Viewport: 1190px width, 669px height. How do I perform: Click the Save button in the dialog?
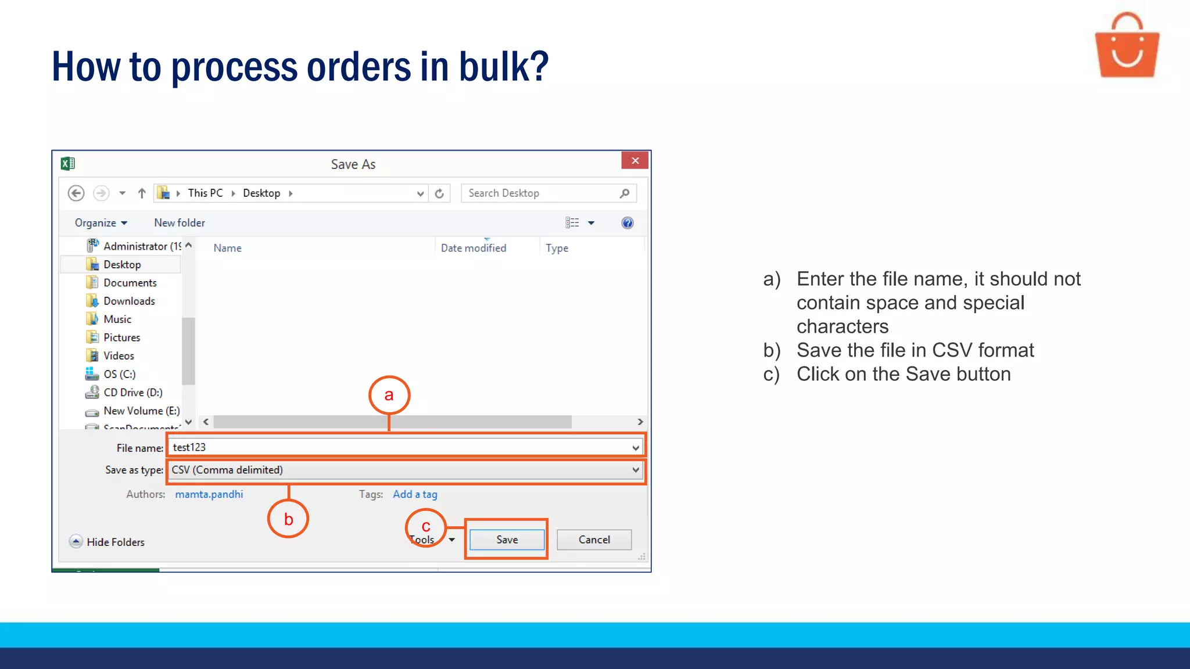(507, 539)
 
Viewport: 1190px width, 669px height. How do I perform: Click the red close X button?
(635, 161)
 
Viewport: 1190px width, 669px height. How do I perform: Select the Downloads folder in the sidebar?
(129, 301)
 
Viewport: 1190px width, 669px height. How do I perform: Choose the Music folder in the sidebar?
(117, 319)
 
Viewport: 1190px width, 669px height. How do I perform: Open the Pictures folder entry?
(121, 337)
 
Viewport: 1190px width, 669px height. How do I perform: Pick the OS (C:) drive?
(119, 374)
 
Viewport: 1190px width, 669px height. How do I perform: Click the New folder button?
(180, 223)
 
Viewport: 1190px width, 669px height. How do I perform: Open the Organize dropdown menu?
(101, 223)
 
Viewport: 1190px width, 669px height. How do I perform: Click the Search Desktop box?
(540, 193)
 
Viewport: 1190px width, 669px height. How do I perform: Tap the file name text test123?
(189, 447)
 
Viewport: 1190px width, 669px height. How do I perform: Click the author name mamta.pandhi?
(209, 494)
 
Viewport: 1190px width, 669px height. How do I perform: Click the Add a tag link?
(415, 494)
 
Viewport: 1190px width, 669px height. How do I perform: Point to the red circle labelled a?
(389, 395)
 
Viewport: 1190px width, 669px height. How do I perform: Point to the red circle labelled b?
(288, 519)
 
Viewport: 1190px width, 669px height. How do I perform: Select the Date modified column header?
(474, 248)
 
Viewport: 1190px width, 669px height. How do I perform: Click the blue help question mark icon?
(628, 223)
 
